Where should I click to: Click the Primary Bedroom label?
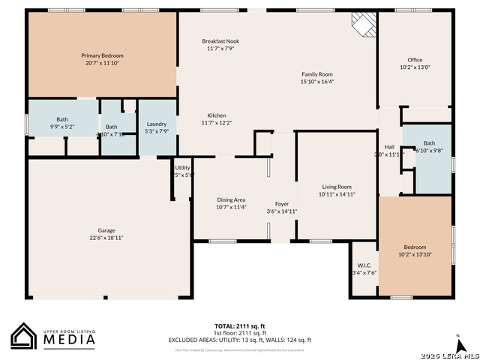pos(102,55)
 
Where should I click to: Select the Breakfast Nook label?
pos(220,41)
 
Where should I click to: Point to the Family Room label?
pos(317,74)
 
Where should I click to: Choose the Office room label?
pos(415,60)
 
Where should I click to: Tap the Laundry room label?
pos(157,124)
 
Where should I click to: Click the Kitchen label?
pos(217,115)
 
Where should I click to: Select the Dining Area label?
pos(231,199)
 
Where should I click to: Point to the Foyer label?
pos(282,204)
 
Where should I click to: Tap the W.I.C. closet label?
pos(364,265)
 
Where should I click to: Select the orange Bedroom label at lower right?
pos(415,247)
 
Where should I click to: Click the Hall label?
pos(389,147)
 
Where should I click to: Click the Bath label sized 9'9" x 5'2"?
pos(62,120)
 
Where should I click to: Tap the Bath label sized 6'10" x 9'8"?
pos(429,143)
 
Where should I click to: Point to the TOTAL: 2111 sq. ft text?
pos(240,326)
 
